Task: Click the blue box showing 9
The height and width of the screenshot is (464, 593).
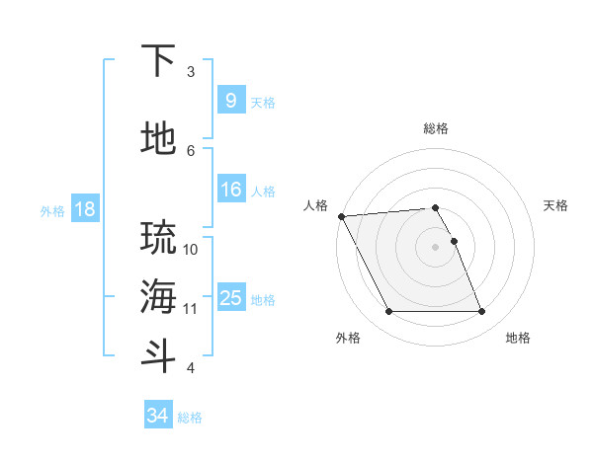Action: pyautogui.click(x=230, y=101)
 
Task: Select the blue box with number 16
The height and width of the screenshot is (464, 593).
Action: pyautogui.click(x=230, y=190)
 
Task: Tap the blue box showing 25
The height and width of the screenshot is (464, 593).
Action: pyautogui.click(x=230, y=298)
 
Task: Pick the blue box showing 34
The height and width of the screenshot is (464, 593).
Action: pyautogui.click(x=157, y=416)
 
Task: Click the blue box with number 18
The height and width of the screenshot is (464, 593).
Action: pyautogui.click(x=83, y=209)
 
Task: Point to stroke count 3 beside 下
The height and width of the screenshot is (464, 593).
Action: pyautogui.click(x=191, y=72)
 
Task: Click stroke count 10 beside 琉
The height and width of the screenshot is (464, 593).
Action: pyautogui.click(x=191, y=249)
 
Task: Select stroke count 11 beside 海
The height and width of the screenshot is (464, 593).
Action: pyautogui.click(x=191, y=309)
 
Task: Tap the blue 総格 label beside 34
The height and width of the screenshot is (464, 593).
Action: pyautogui.click(x=190, y=418)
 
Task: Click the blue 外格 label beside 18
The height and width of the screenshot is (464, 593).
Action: pyautogui.click(x=51, y=210)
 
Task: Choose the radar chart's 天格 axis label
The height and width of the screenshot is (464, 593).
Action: pyautogui.click(x=555, y=205)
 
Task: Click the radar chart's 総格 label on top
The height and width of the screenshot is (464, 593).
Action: pyautogui.click(x=435, y=128)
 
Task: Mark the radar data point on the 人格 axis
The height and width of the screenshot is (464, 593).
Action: pyautogui.click(x=341, y=215)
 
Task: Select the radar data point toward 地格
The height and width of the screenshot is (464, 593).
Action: pyautogui.click(x=482, y=312)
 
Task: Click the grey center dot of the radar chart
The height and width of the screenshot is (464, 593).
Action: pyautogui.click(x=435, y=247)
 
